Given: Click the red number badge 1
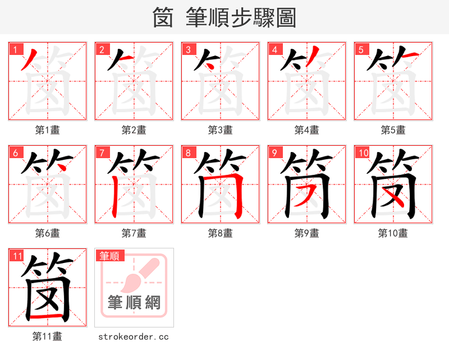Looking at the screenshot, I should (15, 49).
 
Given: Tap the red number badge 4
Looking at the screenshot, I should (274, 49).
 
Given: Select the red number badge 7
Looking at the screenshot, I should (102, 153).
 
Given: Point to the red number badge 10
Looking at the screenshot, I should (363, 153).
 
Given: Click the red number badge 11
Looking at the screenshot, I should (17, 256).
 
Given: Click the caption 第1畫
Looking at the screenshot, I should (48, 130).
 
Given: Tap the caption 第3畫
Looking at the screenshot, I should (221, 130).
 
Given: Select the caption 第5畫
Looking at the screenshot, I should (393, 130).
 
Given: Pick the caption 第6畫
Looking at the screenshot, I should (48, 233).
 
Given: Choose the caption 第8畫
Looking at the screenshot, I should (221, 233).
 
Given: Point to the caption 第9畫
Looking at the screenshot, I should (307, 233).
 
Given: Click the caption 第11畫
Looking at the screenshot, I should (48, 336).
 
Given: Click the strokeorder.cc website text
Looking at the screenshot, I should (134, 336).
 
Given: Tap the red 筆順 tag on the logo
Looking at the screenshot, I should (109, 256).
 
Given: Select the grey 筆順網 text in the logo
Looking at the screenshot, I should (134, 303).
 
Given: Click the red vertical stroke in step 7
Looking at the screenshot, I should (114, 193).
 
